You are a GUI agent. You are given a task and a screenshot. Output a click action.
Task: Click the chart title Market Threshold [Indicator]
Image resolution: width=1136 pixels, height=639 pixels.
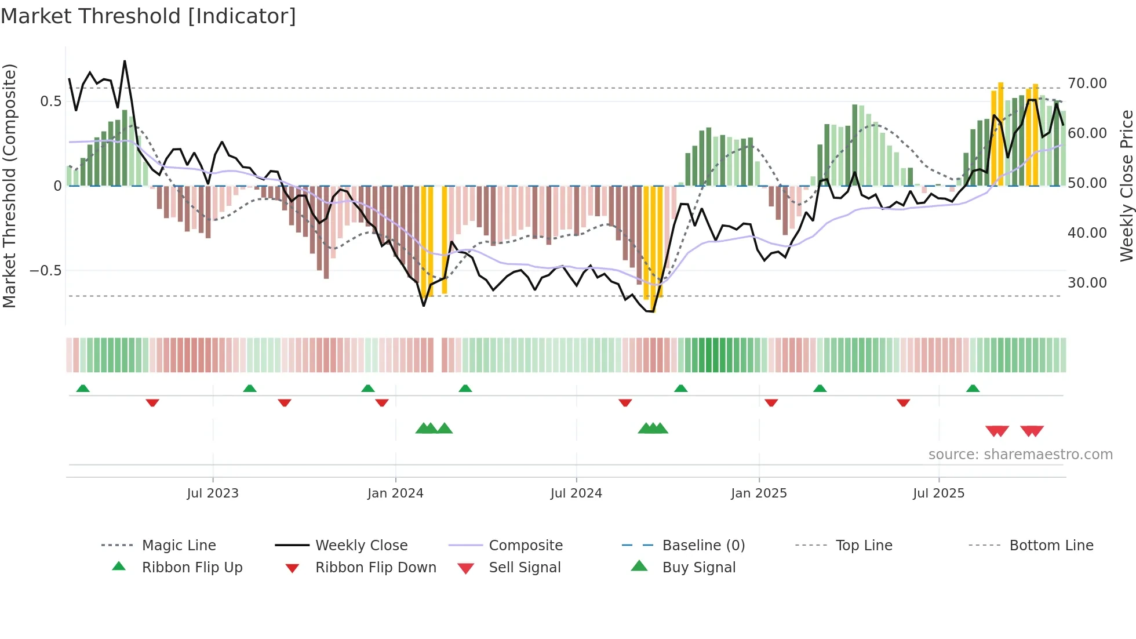click(148, 16)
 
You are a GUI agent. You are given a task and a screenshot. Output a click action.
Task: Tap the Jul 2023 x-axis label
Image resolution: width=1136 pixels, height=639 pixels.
click(213, 493)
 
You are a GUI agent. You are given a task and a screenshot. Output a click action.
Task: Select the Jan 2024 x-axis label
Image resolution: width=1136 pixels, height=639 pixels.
click(395, 493)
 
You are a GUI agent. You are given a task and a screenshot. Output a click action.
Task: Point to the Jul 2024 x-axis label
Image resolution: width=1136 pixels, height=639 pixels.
click(576, 493)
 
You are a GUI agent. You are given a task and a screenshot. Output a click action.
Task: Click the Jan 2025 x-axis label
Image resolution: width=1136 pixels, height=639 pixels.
click(759, 493)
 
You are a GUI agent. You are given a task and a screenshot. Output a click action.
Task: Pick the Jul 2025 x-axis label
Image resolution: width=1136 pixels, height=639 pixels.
click(938, 493)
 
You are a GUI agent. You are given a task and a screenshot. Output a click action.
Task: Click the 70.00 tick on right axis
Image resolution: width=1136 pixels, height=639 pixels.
click(1087, 83)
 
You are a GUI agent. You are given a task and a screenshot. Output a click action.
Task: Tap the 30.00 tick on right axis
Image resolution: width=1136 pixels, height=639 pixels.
click(1087, 283)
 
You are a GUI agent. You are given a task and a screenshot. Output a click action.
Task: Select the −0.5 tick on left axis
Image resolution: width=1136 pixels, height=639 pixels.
click(45, 271)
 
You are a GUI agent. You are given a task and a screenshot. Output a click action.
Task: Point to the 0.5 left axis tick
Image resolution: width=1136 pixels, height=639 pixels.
click(50, 101)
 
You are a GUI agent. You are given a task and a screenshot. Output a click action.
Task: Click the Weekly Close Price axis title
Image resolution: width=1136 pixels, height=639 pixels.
click(1126, 186)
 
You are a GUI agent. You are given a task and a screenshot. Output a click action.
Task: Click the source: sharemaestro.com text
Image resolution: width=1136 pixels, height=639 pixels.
click(1020, 455)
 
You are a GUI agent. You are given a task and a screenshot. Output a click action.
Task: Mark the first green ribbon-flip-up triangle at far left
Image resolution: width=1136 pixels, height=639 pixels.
click(83, 389)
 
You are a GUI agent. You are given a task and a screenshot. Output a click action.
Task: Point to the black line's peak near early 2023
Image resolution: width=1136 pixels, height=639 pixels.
click(125, 61)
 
